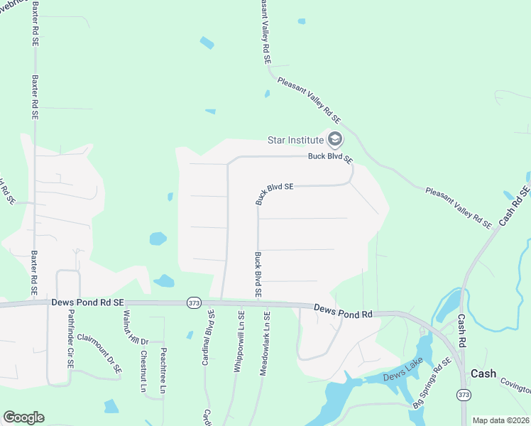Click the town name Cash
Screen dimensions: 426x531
pos(483,373)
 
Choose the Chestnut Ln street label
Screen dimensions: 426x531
pos(143,371)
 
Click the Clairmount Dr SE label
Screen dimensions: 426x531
pos(99,354)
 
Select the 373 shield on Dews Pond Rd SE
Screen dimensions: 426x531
pos(193,302)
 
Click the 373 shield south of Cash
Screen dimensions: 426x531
pos(464,395)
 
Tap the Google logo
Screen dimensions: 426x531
pos(23,417)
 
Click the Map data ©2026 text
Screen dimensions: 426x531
pos(500,420)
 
